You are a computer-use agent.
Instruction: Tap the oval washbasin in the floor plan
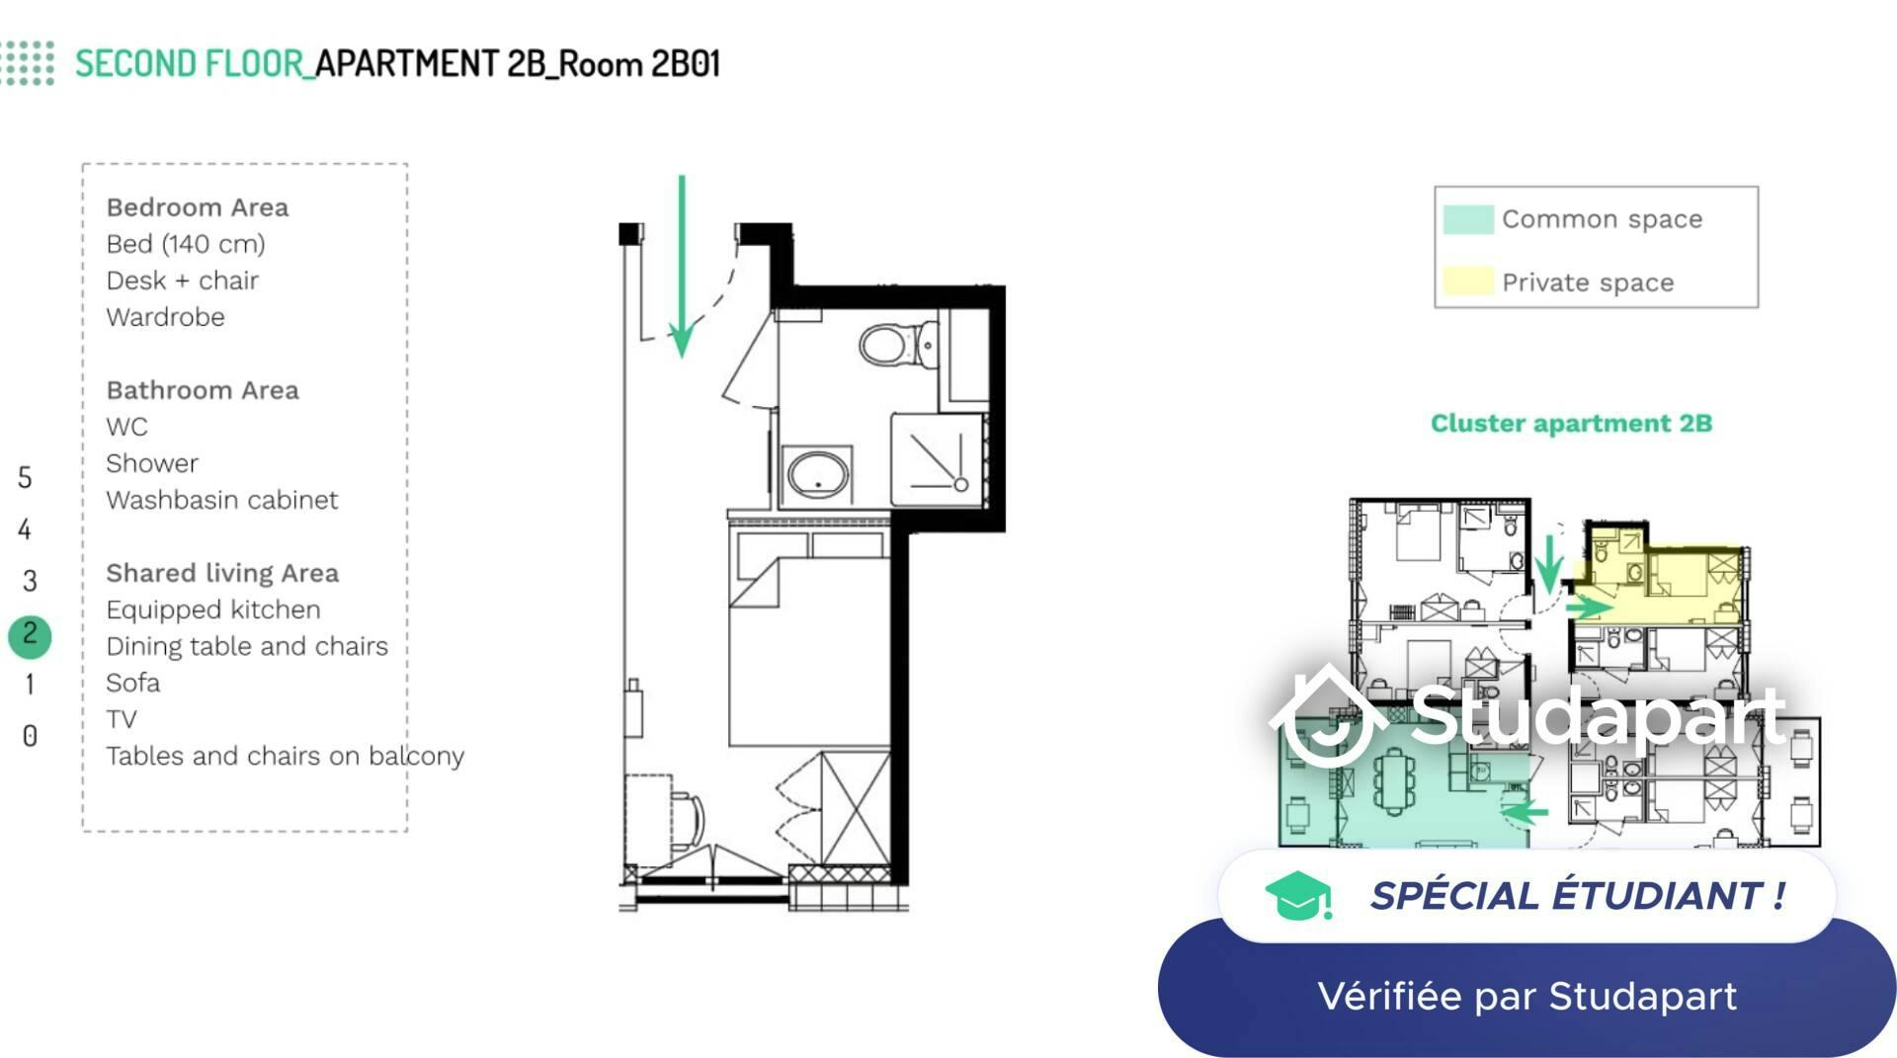tap(818, 475)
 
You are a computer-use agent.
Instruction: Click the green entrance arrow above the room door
tap(682, 267)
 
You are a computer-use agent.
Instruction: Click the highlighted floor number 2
tap(30, 633)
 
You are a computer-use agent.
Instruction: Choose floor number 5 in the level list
tap(26, 478)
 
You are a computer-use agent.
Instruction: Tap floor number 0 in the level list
tap(30, 736)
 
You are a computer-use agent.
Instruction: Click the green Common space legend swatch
tap(1467, 219)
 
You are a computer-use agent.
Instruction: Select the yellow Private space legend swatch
tap(1467, 282)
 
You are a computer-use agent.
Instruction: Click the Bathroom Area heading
tap(203, 390)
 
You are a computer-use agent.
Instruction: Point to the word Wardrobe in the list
tap(165, 317)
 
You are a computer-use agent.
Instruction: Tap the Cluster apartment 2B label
tap(1571, 424)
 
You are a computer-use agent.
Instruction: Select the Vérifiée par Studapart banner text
tap(1527, 996)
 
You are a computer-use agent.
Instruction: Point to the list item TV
tap(122, 719)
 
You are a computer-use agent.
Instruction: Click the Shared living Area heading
tap(222, 573)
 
